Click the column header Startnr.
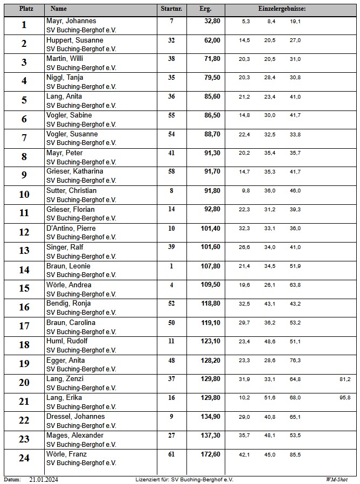pyautogui.click(x=171, y=9)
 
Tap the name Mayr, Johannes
pyautogui.click(x=71, y=21)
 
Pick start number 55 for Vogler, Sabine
pyautogui.click(x=171, y=115)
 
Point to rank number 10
pyautogui.click(x=24, y=195)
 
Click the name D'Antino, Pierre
pyautogui.click(x=71, y=229)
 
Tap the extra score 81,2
pyautogui.click(x=345, y=379)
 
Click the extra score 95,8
pyautogui.click(x=345, y=398)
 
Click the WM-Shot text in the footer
pyautogui.click(x=337, y=479)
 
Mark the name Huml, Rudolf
pyautogui.click(x=67, y=341)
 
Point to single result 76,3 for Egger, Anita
pyautogui.click(x=295, y=361)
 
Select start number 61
pyautogui.click(x=171, y=454)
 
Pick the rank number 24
pyautogui.click(x=24, y=458)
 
